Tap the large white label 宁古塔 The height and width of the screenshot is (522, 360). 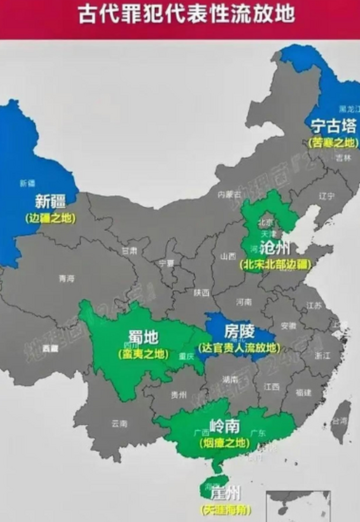(333, 127)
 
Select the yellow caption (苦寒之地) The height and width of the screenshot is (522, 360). (333, 142)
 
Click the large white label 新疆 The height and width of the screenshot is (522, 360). (50, 201)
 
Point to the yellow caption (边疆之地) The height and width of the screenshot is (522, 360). (50, 218)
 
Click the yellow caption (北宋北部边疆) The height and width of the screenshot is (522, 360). (275, 264)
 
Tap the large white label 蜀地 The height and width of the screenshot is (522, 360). (143, 338)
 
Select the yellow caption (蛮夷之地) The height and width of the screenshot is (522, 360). (143, 354)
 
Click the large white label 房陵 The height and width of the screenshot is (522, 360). (239, 332)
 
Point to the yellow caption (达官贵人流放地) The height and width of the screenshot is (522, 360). (239, 347)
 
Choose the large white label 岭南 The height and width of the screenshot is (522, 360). (224, 427)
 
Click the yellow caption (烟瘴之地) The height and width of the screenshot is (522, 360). (224, 443)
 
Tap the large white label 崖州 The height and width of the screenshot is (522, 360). (226, 494)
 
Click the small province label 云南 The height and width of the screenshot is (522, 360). (119, 423)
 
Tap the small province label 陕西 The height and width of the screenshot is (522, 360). (202, 292)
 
